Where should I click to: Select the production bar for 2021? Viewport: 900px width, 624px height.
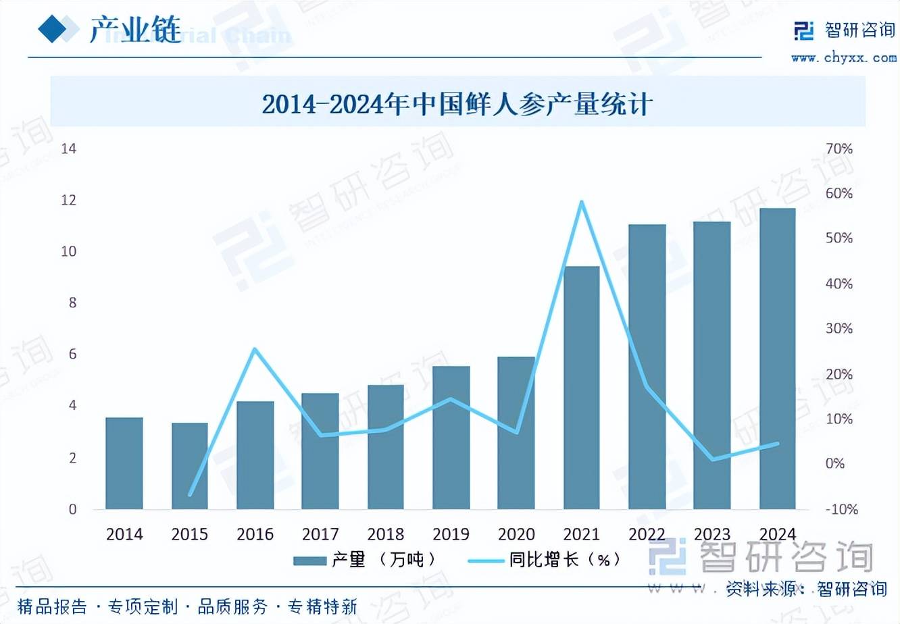581,388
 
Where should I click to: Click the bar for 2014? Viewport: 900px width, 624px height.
124,463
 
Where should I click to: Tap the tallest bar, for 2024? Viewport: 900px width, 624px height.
777,359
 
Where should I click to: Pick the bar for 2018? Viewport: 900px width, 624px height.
386,447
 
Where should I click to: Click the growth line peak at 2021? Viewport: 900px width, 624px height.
581,202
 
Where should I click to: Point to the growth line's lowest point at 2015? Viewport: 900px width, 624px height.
190,494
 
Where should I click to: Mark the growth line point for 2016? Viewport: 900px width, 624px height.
255,349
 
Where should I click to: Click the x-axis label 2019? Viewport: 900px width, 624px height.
451,534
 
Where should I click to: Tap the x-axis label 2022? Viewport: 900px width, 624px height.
647,534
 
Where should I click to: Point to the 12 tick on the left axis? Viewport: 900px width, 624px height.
69,200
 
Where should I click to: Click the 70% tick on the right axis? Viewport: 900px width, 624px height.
839,149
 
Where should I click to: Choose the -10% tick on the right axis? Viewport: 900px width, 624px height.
841,509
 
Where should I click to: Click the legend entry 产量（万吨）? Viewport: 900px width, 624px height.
365,560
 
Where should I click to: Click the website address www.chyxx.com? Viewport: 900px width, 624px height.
844,58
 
